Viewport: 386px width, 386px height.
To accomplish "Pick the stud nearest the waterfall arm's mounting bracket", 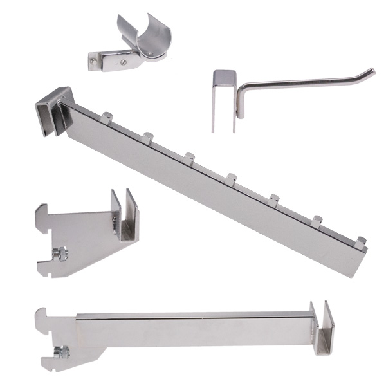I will [x=106, y=118].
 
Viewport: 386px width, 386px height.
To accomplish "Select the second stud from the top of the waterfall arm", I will [x=147, y=137].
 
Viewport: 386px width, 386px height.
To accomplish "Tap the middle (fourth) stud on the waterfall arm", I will [x=232, y=177].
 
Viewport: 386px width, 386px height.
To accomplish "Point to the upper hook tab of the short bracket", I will [x=45, y=210].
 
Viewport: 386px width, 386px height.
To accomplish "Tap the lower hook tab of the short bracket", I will [x=45, y=264].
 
